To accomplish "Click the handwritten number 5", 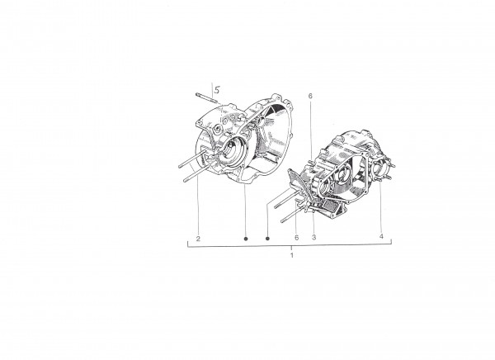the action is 217,90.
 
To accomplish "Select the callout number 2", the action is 198,239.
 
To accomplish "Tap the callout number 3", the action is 313,237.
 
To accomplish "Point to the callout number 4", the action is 381,236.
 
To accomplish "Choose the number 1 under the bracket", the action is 292,255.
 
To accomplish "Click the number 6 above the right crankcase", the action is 310,96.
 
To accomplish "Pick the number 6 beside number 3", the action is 296,237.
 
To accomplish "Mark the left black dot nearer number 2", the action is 246,239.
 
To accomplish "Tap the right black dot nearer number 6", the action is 267,239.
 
